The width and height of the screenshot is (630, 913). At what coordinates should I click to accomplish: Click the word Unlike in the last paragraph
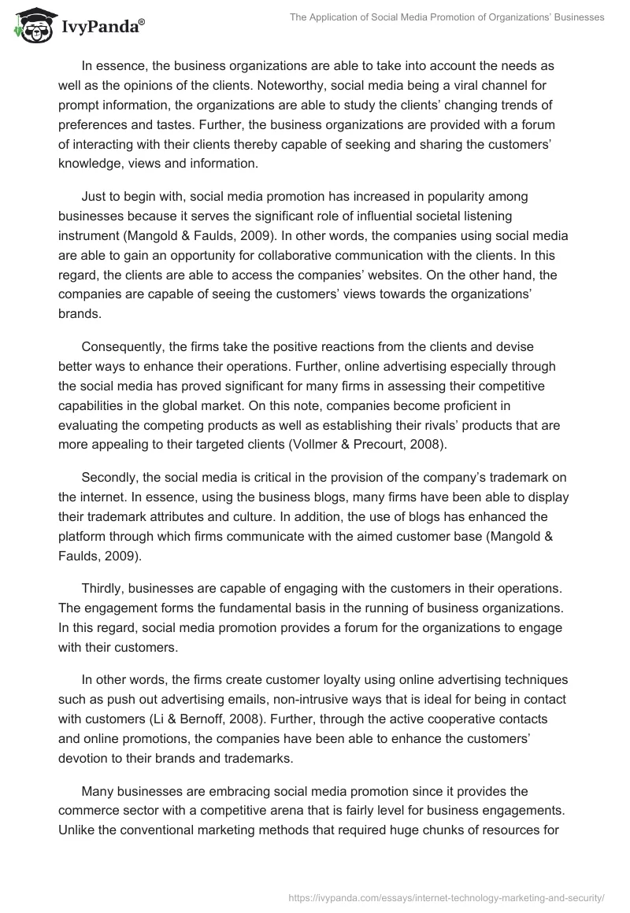tap(77, 806)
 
